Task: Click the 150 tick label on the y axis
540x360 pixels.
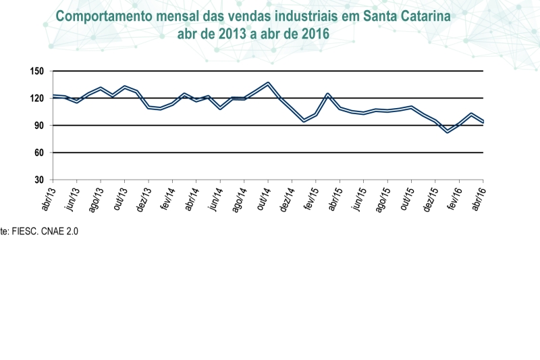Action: coord(36,71)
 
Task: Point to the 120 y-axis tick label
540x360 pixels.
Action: coord(36,98)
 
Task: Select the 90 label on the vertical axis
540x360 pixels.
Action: coord(38,126)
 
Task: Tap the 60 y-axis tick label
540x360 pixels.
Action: coord(38,153)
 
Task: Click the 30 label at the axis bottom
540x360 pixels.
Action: coord(38,180)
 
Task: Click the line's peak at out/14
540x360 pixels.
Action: coord(269,84)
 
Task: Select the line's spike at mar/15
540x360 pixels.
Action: coord(327,95)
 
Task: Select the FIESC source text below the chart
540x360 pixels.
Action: coord(28,230)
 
